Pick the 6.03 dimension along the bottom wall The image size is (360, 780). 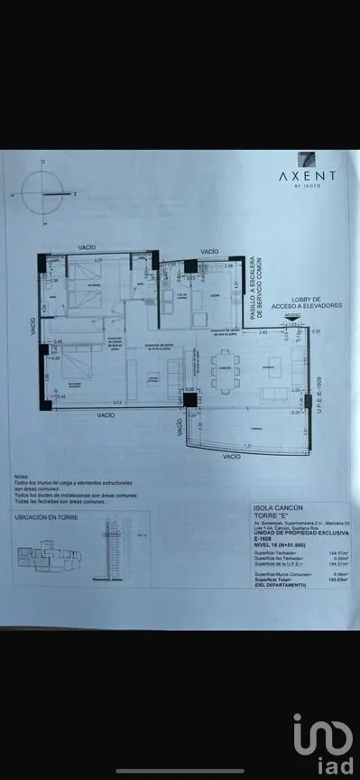coord(116,402)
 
